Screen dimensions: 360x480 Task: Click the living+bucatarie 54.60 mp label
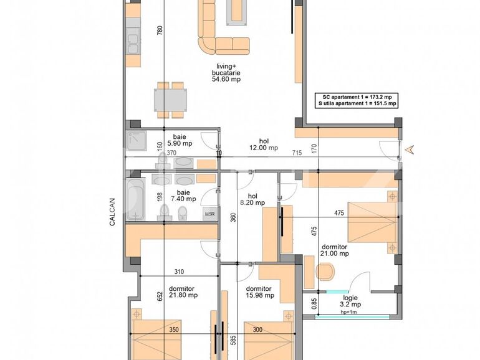pos(226,72)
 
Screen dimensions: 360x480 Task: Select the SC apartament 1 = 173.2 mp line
pos(357,97)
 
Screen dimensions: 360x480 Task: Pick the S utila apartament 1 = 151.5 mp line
pos(357,104)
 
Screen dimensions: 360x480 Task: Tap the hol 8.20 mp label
pos(252,199)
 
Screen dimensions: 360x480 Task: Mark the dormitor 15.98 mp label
pos(258,291)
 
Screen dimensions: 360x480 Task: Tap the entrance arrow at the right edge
pos(410,149)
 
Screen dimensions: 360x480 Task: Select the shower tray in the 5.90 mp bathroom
pos(137,142)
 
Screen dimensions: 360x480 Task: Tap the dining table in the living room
pos(171,100)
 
